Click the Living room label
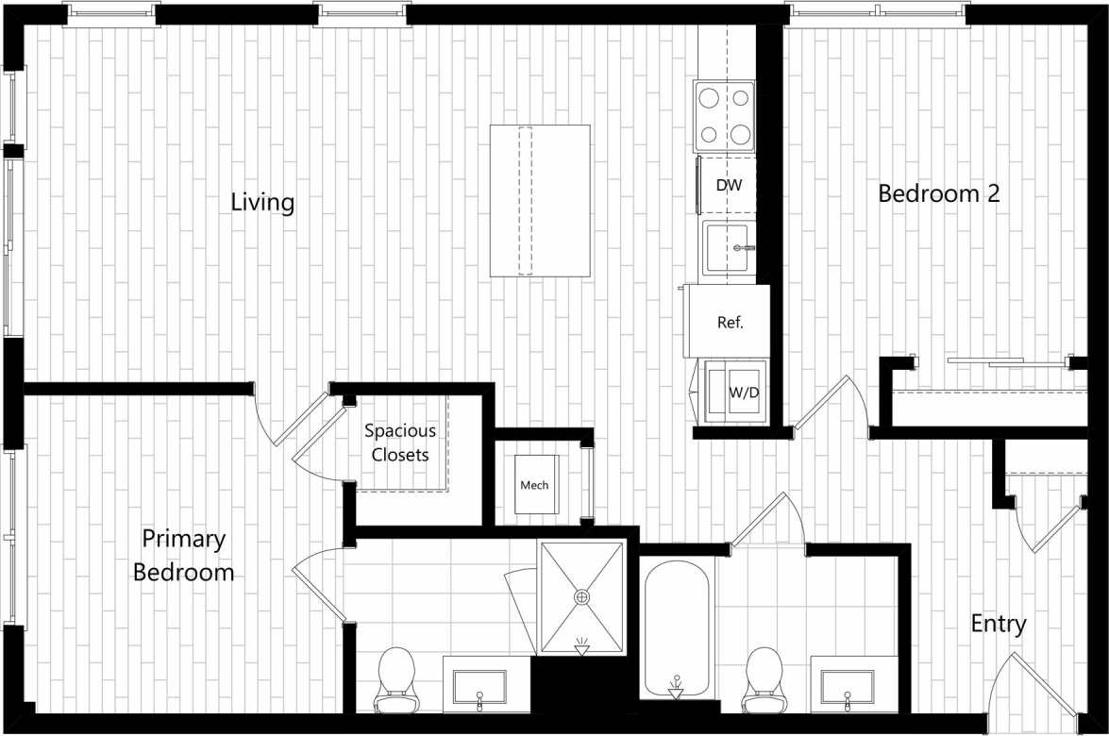(262, 203)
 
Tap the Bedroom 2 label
(938, 193)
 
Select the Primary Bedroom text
(184, 556)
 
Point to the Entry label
(999, 624)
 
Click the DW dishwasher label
(729, 186)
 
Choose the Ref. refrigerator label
(731, 322)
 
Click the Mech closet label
(534, 485)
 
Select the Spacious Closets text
(400, 443)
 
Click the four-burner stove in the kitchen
(725, 116)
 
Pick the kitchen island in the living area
(540, 200)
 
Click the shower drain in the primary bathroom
(581, 596)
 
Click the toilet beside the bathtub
(764, 678)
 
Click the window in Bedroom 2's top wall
(878, 11)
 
